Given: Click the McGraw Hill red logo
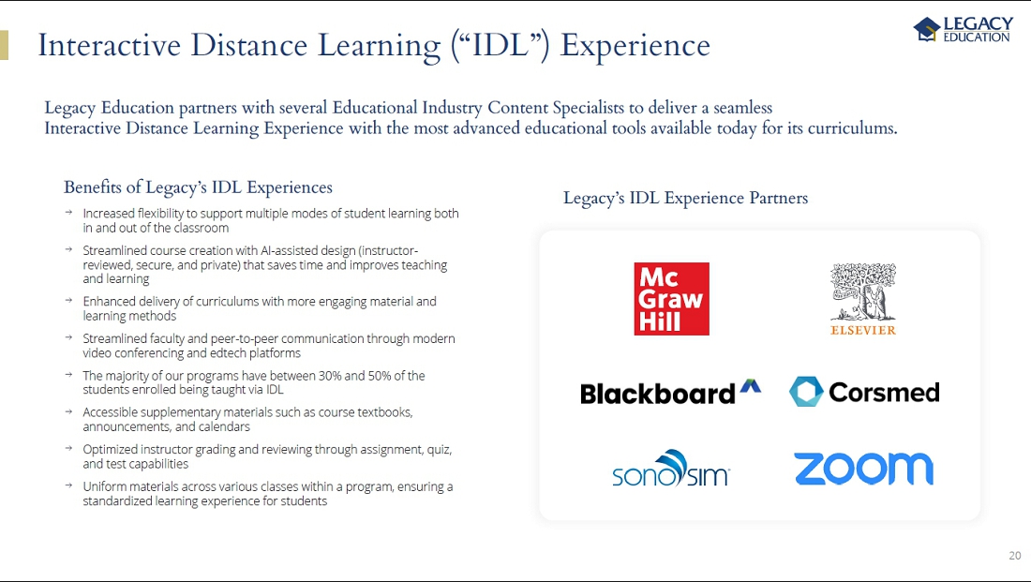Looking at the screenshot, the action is point(671,299).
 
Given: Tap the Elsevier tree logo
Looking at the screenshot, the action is point(862,299).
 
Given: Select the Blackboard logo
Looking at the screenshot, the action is point(670,393).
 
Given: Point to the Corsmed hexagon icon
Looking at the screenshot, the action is point(806,392).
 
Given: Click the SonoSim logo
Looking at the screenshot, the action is point(671,469).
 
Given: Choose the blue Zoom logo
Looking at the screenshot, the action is point(863,469).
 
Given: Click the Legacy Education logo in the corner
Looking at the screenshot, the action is point(964,29).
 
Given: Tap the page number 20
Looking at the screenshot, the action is point(1014,555).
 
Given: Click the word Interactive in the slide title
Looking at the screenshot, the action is point(109,45).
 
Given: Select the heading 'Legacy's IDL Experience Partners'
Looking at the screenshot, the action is point(685,198).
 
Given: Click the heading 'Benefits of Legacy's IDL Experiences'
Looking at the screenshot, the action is point(198,187).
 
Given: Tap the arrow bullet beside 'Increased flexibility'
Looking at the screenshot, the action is point(68,213).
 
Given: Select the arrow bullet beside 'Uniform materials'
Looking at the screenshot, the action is point(68,485).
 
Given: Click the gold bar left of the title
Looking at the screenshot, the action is point(4,45).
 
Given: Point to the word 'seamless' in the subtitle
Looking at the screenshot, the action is point(743,108).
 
